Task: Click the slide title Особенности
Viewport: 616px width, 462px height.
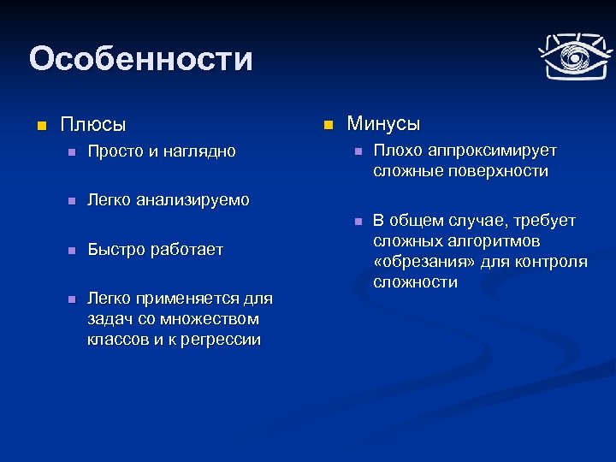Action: (141, 59)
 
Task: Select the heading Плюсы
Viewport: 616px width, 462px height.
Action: (93, 125)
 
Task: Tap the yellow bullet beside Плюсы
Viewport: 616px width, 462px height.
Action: (39, 126)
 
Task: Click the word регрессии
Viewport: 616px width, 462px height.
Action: (219, 340)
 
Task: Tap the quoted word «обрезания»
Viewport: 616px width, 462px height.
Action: (418, 262)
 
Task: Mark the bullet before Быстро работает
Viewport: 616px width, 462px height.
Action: (72, 251)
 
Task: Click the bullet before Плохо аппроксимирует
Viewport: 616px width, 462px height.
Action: (358, 151)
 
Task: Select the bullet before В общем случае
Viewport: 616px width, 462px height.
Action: (358, 222)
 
